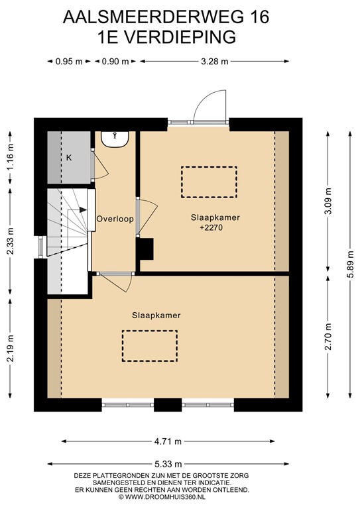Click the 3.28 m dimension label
coord(215,62)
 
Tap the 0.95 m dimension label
coord(68,62)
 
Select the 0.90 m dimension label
coord(115,62)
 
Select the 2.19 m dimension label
coord(10,350)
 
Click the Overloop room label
coord(114,219)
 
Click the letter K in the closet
coord(68,158)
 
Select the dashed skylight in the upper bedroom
coord(209,182)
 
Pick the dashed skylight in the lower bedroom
coord(149,346)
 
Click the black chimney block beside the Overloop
coord(145,249)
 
